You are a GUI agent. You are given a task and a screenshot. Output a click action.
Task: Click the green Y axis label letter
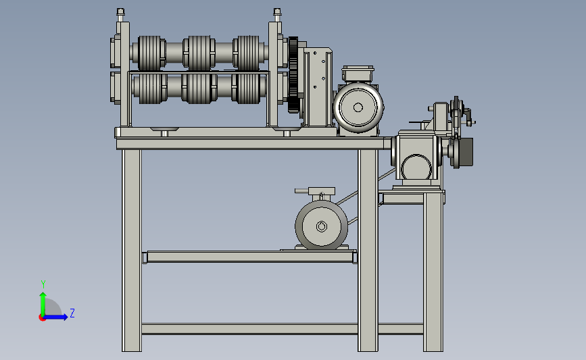(43, 284)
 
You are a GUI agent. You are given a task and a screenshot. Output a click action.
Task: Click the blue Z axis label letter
(72, 313)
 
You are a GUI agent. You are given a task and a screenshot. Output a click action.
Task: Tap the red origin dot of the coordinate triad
(42, 317)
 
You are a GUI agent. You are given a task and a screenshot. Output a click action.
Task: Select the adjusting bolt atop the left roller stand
(120, 15)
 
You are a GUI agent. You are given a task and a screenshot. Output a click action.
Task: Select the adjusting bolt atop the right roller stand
(277, 15)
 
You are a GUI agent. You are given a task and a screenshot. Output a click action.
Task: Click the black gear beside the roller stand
(293, 75)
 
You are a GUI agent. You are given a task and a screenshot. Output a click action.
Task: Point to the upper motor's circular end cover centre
(358, 107)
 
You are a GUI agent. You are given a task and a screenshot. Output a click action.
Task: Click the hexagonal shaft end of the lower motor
(322, 226)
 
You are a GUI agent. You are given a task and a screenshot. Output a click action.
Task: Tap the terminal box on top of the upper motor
(358, 74)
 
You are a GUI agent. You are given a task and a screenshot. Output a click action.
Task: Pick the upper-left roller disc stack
(151, 53)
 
